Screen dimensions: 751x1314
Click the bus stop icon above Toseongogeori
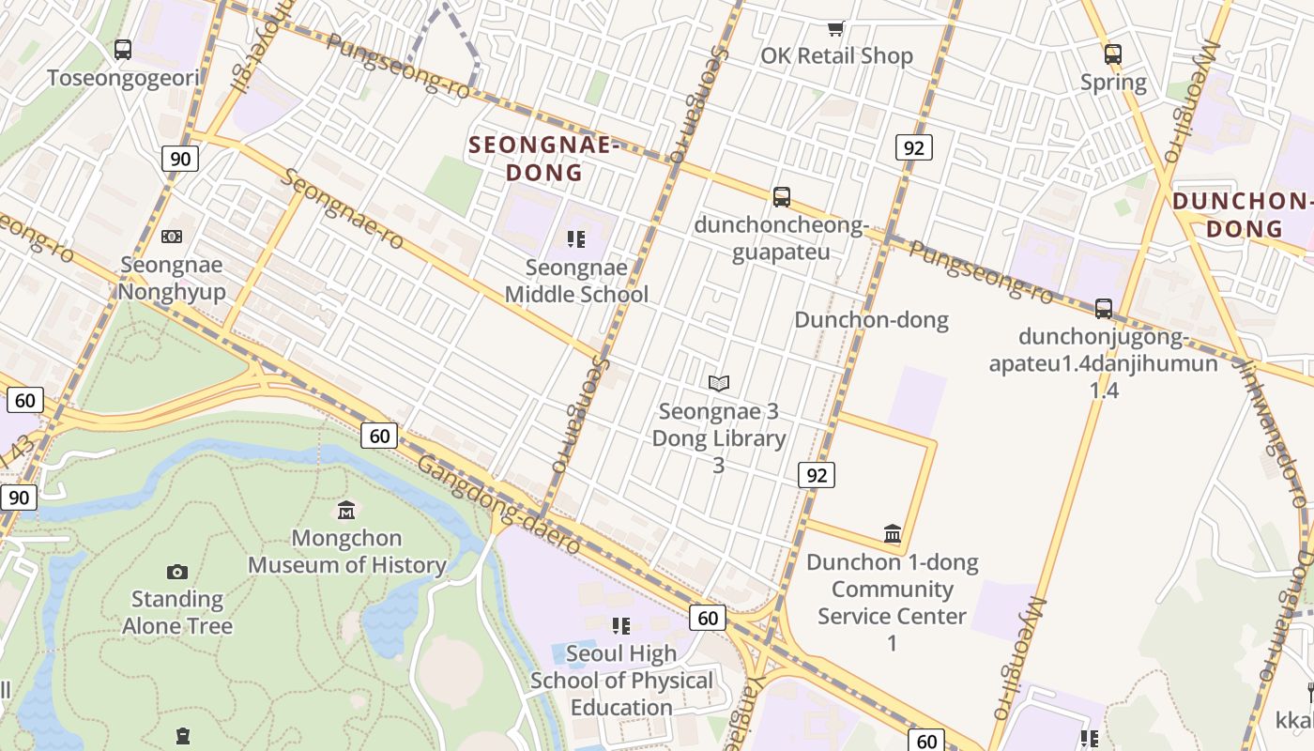123,49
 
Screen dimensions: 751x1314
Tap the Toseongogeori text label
124,77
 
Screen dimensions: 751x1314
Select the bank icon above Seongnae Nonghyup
172,237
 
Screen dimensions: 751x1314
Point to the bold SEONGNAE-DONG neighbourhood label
544,159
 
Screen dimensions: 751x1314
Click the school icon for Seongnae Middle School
576,239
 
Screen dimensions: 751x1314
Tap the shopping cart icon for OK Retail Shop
835,28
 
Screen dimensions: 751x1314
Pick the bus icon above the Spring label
1113,54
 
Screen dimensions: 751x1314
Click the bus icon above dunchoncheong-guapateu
782,197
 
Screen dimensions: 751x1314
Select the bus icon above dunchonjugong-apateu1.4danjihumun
1104,308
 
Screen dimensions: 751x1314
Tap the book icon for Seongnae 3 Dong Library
719,383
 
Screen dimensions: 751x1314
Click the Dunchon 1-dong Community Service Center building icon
893,534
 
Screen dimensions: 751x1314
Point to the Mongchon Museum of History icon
346,510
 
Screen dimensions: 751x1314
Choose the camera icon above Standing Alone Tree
177,572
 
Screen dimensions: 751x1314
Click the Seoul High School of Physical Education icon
620,625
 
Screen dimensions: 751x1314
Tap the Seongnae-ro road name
344,209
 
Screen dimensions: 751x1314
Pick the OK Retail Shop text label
836,56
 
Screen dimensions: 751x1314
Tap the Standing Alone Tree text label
177,612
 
